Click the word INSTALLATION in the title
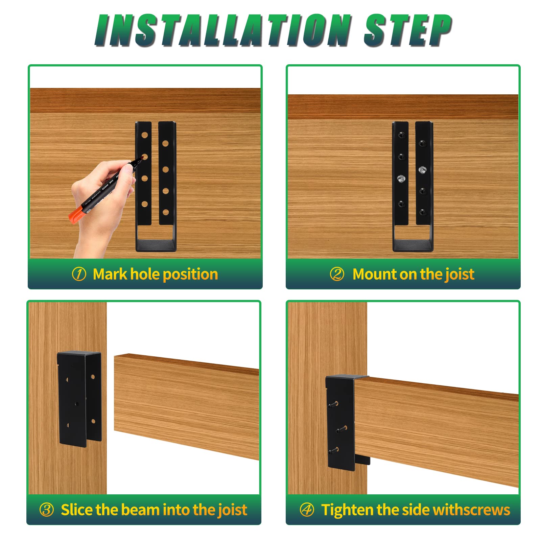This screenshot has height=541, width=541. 221,30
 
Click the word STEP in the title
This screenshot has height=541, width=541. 407,30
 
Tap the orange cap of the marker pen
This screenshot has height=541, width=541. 75,214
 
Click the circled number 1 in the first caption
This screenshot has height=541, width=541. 79,274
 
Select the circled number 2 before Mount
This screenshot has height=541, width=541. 337,274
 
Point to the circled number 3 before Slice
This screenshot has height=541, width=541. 46,510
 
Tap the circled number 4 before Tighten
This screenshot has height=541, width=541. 307,510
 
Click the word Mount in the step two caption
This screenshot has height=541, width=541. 374,274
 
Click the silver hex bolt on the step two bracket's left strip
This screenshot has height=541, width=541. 401,178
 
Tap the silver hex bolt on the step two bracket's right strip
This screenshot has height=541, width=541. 422,170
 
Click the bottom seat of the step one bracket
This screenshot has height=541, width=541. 156,244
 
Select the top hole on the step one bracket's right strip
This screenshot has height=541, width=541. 165,143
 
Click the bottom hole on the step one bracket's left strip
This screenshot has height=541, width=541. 145,204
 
